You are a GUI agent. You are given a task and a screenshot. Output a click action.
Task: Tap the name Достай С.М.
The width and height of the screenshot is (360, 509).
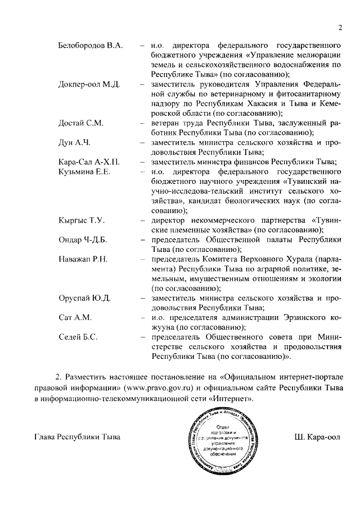point(81,123)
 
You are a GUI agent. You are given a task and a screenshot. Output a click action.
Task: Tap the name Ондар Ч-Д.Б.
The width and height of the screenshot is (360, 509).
point(83,240)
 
